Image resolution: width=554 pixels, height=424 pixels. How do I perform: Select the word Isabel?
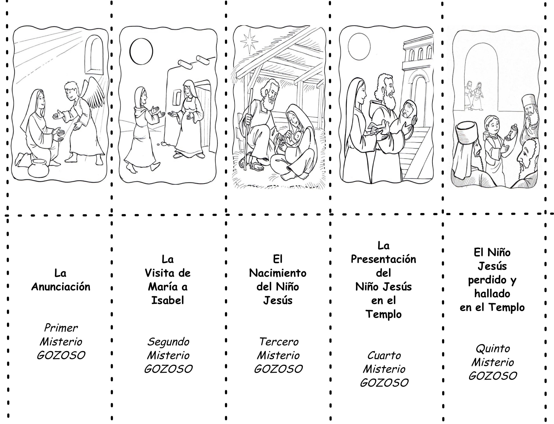click(x=168, y=300)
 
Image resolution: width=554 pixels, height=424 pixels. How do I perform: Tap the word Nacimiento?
click(x=278, y=273)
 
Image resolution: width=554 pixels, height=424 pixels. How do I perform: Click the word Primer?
click(x=61, y=328)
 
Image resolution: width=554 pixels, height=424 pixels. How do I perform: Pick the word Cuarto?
click(x=384, y=355)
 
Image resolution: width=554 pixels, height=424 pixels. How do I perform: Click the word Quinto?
click(x=493, y=349)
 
